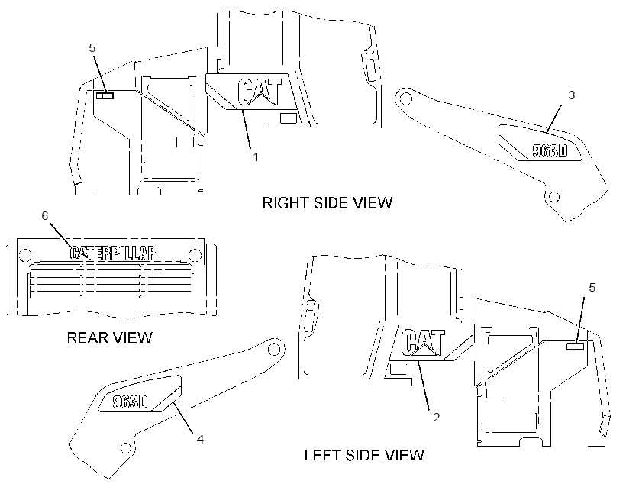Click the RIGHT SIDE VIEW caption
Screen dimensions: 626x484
(327, 203)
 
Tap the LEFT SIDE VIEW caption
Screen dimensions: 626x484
(364, 455)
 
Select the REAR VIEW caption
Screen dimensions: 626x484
(109, 338)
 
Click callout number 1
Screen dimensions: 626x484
(256, 157)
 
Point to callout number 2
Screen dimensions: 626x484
(437, 418)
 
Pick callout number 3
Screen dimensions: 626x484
(571, 95)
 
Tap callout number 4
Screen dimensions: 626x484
(200, 439)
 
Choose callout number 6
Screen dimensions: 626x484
(45, 215)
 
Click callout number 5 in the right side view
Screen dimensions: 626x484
(92, 48)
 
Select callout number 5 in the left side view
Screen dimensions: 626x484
(592, 288)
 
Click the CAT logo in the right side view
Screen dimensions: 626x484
(260, 92)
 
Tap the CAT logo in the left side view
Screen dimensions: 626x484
(423, 342)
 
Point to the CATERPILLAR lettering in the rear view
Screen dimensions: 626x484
(114, 253)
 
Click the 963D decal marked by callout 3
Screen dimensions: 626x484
(550, 150)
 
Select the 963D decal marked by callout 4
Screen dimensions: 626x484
(130, 402)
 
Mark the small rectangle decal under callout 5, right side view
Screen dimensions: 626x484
(105, 95)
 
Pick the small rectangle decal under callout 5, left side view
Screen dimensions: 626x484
(576, 346)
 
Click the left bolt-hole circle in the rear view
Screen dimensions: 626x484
(24, 255)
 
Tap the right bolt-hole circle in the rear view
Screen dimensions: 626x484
(195, 255)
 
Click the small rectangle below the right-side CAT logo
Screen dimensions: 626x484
(289, 118)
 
